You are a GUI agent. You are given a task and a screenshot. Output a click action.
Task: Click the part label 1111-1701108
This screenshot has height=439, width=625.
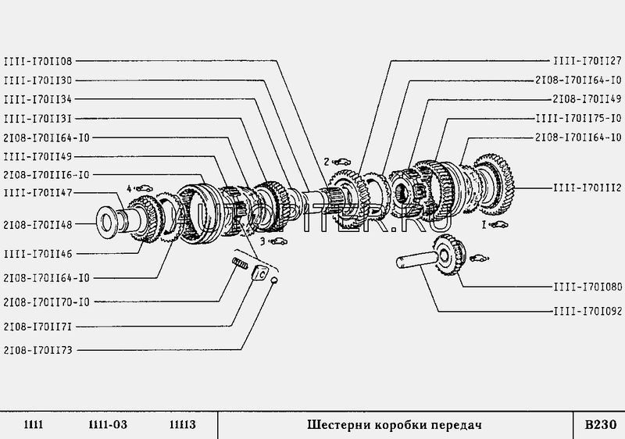(x=38, y=61)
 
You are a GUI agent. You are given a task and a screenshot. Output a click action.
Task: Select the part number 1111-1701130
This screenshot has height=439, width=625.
(x=38, y=80)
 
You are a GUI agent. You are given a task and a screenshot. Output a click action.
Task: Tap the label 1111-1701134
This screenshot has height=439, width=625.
(x=38, y=99)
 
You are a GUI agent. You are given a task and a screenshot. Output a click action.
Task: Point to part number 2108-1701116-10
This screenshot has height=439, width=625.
(x=46, y=175)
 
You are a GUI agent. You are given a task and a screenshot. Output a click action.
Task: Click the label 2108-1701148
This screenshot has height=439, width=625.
(x=38, y=224)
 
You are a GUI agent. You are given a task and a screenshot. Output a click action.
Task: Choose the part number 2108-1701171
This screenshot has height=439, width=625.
(x=38, y=326)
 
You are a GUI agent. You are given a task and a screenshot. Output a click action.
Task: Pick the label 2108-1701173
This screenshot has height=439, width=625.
(x=38, y=351)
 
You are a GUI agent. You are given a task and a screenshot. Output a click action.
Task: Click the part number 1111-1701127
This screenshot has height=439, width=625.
(x=587, y=61)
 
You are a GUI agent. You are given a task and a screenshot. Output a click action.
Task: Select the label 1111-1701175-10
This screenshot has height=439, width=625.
(x=578, y=118)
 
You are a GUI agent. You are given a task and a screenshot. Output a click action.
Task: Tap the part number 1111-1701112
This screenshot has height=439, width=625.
(x=587, y=187)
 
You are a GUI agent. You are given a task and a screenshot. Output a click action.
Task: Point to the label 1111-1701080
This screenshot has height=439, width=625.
(x=587, y=287)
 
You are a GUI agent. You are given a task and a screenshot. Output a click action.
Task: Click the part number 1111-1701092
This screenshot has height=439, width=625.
(x=587, y=310)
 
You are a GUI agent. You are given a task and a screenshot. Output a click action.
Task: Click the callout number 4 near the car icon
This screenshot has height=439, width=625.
(x=130, y=187)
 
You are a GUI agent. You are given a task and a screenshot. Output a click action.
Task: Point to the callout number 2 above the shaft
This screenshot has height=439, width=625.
(x=327, y=162)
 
